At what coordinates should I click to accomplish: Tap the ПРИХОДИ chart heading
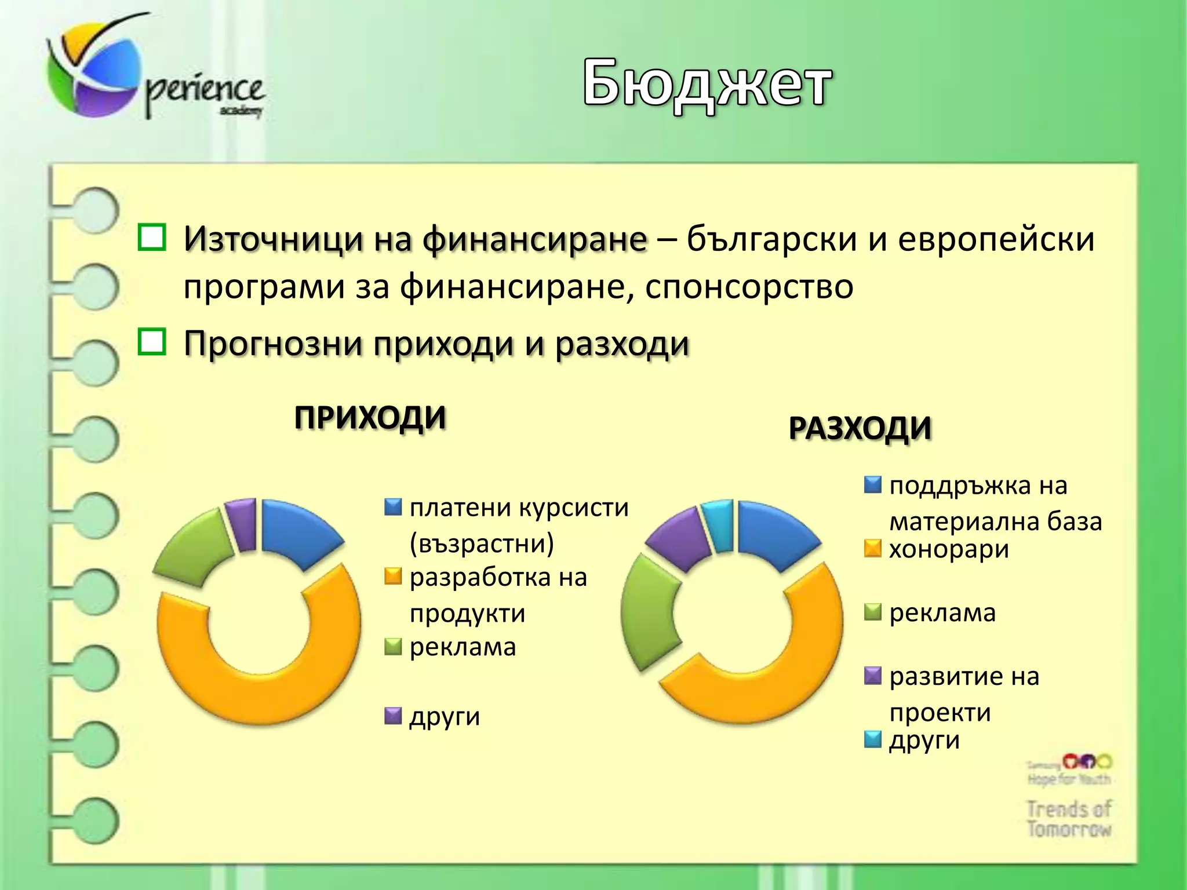coord(370,417)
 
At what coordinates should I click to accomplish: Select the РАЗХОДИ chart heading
coord(860,429)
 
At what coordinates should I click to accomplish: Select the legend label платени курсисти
coord(519,508)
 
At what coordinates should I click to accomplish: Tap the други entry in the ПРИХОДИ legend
coord(445,717)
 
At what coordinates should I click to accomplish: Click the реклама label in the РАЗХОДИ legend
coord(942,613)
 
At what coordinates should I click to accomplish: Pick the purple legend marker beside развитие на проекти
coord(872,676)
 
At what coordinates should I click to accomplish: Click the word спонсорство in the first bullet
coord(749,287)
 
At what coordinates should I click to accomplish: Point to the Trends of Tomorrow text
coord(1068,818)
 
